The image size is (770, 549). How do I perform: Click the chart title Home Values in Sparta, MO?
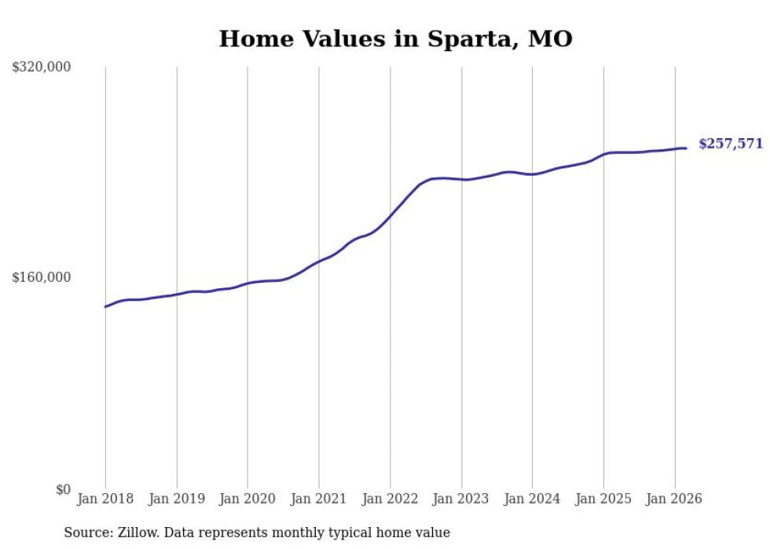[x=395, y=38]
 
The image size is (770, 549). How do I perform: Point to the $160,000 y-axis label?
[x=42, y=277]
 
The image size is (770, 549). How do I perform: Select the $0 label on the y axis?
[x=63, y=489]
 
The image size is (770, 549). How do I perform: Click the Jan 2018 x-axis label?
[x=105, y=499]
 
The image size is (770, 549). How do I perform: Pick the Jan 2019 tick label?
[x=176, y=499]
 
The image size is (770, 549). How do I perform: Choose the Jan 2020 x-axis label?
[x=247, y=499]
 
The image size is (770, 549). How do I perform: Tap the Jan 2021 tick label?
[x=318, y=499]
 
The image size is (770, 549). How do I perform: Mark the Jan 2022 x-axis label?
[x=390, y=499]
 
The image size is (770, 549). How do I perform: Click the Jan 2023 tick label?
[x=461, y=499]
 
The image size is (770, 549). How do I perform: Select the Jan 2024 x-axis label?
[x=532, y=499]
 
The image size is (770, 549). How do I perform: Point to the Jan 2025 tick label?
[x=603, y=499]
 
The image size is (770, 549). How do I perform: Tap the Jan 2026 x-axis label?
[x=674, y=499]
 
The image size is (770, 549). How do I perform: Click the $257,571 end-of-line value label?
[x=730, y=144]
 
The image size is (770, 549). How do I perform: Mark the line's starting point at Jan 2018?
[x=105, y=306]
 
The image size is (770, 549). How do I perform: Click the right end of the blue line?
[x=686, y=148]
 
